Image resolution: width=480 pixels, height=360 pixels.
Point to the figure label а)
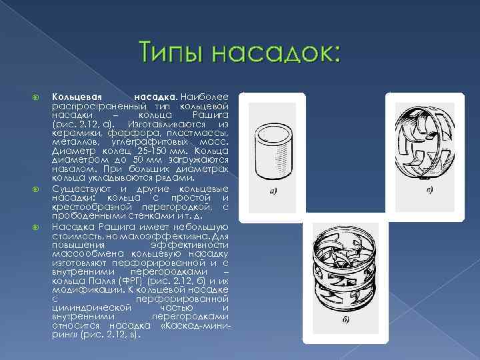[273, 193]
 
